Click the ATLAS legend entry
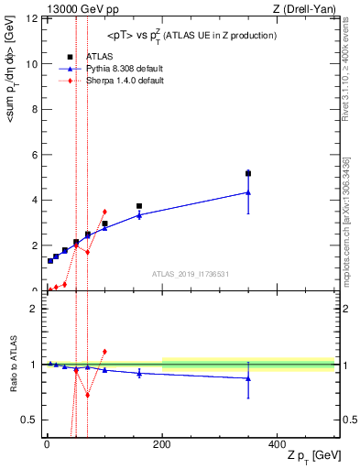click(x=100, y=57)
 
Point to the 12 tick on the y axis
click(x=31, y=19)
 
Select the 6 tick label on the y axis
click(x=34, y=155)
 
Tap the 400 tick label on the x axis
click(x=277, y=444)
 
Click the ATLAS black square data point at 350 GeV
click(x=248, y=173)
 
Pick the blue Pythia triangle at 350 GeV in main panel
click(x=248, y=192)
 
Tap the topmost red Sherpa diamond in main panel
click(x=104, y=212)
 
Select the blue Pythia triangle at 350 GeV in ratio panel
click(x=248, y=378)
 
